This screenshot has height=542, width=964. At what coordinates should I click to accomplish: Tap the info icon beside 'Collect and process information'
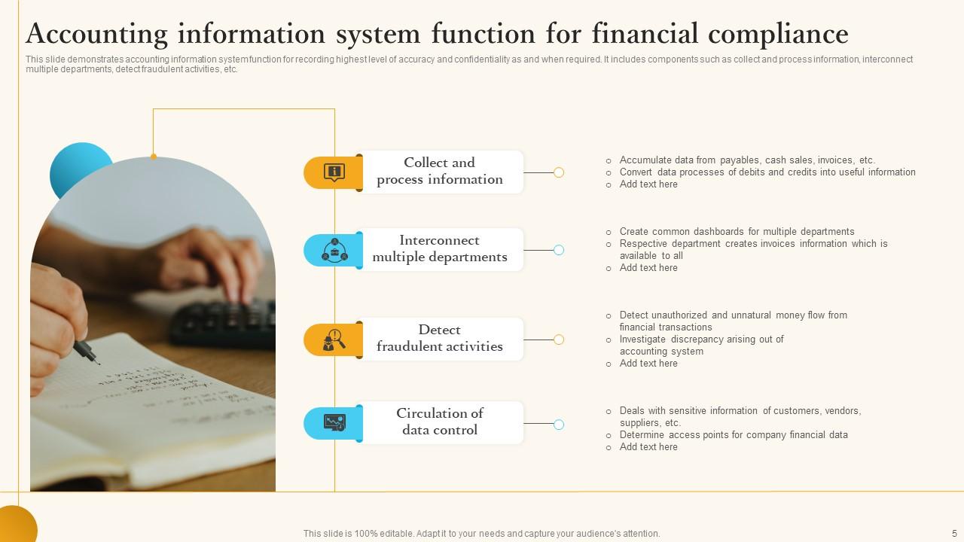(x=334, y=172)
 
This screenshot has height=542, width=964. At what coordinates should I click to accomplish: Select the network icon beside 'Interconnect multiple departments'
(x=334, y=250)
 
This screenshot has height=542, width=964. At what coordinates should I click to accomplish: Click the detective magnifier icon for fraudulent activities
(x=334, y=340)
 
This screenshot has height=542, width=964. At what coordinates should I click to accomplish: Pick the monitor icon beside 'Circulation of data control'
(x=334, y=423)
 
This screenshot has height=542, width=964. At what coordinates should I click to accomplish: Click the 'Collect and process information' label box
(x=440, y=172)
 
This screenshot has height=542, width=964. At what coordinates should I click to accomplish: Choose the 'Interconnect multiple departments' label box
(x=440, y=249)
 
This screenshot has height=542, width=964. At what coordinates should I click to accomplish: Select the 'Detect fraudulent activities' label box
(x=440, y=339)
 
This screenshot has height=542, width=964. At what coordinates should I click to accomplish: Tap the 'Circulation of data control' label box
(x=440, y=422)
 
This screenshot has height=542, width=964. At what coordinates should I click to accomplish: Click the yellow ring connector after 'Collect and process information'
(x=559, y=172)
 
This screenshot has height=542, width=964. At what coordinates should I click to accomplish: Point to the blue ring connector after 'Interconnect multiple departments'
(x=559, y=250)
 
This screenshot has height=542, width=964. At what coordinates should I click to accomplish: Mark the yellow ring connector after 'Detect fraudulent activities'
(x=559, y=340)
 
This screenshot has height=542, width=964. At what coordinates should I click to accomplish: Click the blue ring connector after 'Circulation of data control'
(x=559, y=425)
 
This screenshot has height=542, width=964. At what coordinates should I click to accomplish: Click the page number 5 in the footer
(x=954, y=533)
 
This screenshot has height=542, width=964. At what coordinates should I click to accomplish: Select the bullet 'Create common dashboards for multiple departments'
(x=737, y=232)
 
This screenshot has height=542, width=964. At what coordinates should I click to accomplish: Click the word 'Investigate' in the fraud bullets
(x=642, y=340)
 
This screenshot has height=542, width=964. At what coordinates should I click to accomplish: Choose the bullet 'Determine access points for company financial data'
(x=733, y=435)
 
